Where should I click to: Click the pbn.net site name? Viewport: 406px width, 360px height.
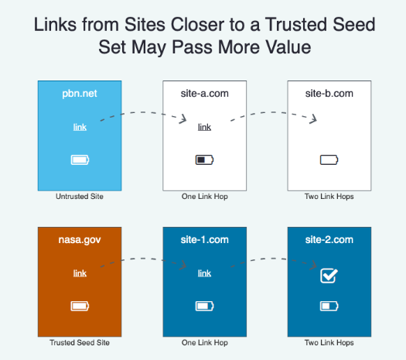tap(80, 94)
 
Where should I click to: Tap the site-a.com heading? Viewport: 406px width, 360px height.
tap(205, 94)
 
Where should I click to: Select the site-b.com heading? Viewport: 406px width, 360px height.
tap(329, 94)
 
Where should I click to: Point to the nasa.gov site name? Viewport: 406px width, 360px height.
tap(80, 240)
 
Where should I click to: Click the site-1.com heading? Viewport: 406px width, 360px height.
tap(205, 240)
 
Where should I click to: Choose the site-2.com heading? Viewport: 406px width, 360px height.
tap(329, 240)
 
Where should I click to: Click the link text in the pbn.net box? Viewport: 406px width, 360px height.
tap(80, 127)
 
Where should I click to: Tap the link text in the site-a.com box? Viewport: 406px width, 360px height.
tap(205, 127)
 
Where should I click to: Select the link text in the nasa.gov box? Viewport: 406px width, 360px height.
tap(80, 273)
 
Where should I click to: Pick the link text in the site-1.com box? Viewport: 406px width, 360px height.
tap(205, 273)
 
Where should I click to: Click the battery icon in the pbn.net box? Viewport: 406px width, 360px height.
tap(80, 159)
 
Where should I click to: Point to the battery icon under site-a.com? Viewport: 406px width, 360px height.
tap(205, 159)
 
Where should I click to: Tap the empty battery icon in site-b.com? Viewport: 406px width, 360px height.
tap(329, 159)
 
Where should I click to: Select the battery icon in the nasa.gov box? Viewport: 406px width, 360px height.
tap(80, 306)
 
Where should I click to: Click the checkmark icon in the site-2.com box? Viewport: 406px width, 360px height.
tap(329, 276)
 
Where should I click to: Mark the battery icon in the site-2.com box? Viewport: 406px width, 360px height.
tap(329, 306)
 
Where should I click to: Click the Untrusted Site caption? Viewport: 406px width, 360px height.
tap(80, 197)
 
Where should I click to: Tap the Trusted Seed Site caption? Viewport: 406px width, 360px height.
tap(80, 343)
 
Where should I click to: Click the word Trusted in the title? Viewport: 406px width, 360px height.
tap(296, 25)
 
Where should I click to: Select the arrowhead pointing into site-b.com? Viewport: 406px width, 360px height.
tap(314, 119)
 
